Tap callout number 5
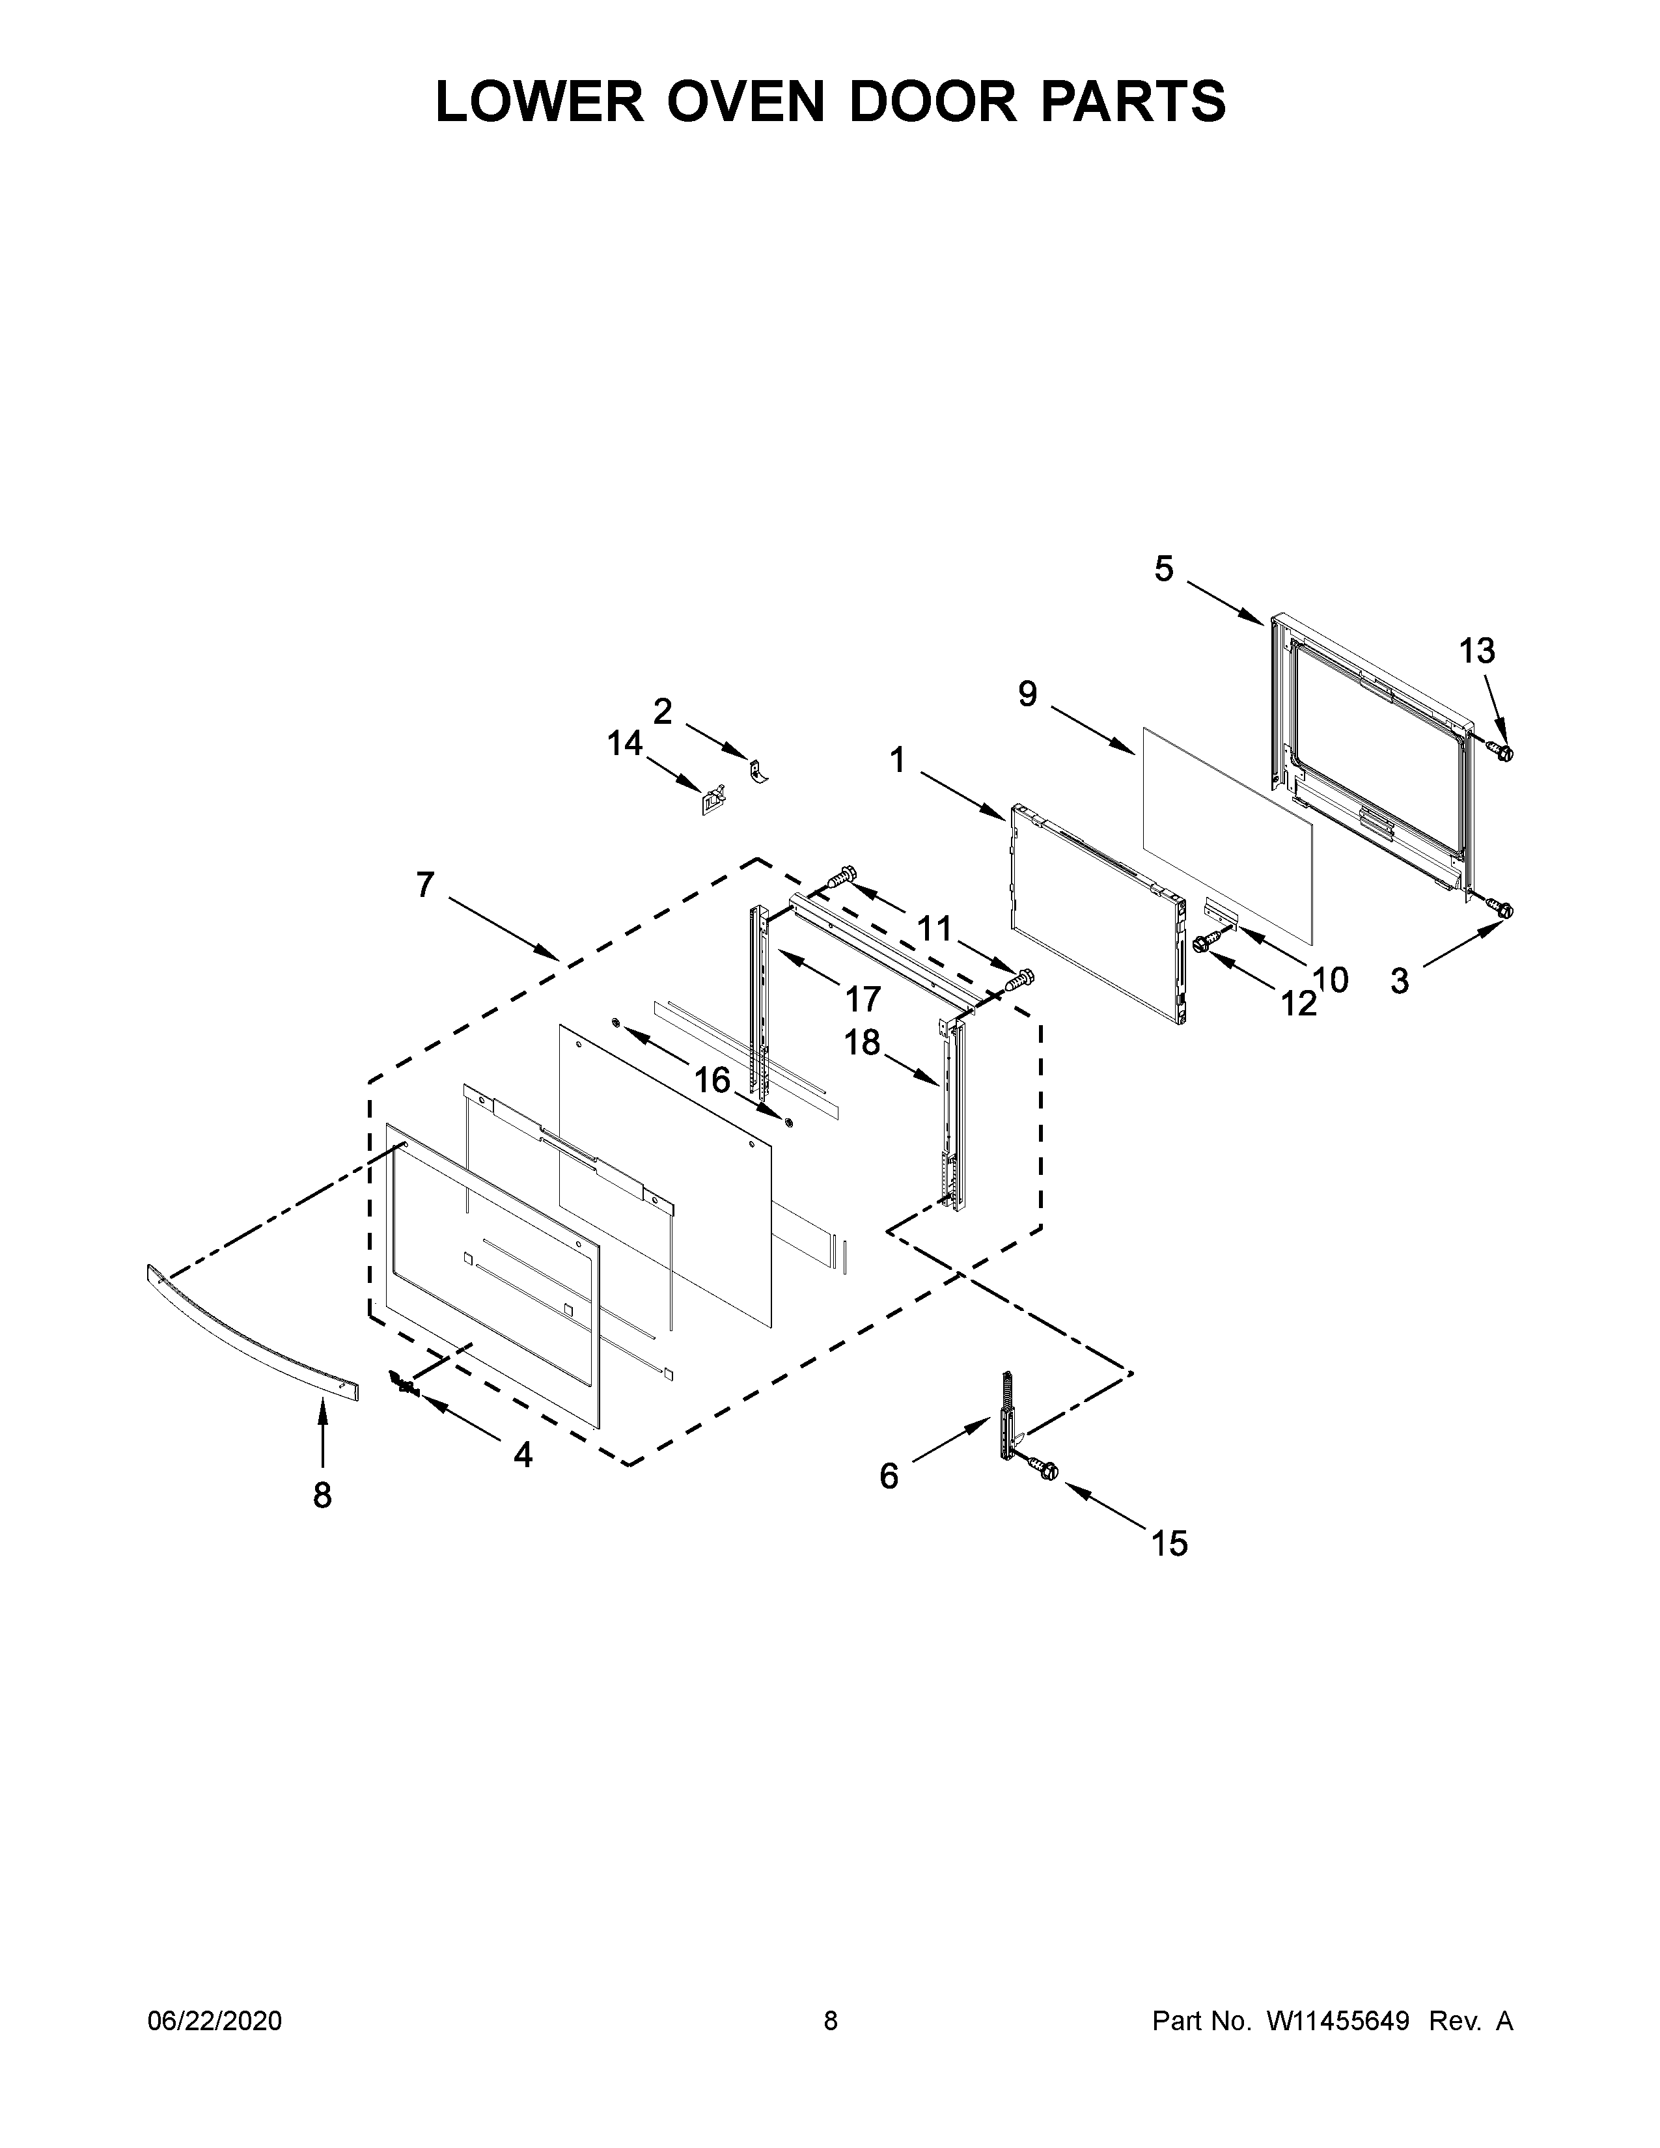1165,568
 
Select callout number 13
1477,650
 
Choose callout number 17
863,999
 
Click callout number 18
863,1043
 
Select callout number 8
322,1496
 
